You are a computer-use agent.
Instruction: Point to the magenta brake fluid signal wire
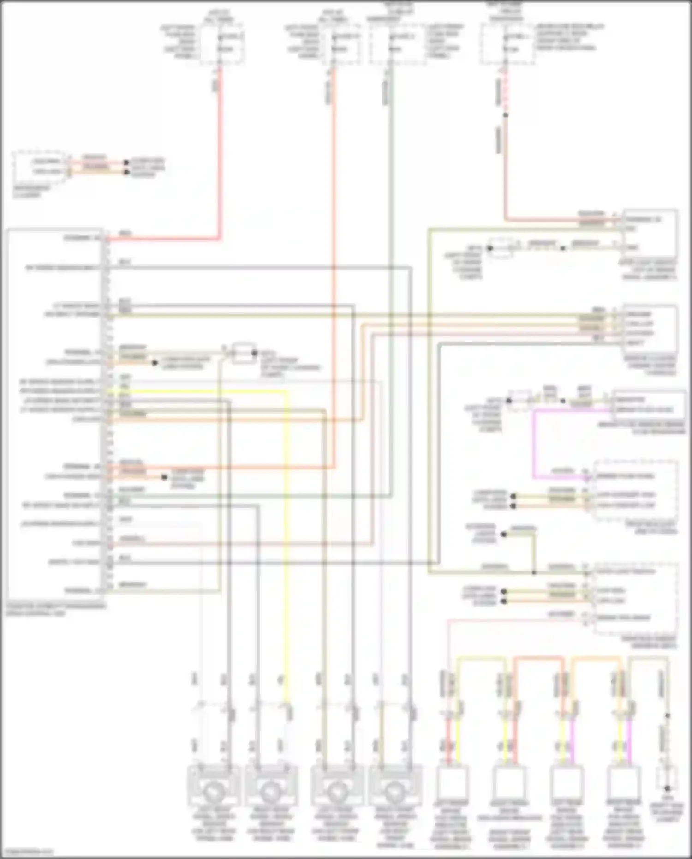[534, 443]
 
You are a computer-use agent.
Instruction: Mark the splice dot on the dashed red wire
[506, 115]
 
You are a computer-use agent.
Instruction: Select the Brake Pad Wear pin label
[623, 618]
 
